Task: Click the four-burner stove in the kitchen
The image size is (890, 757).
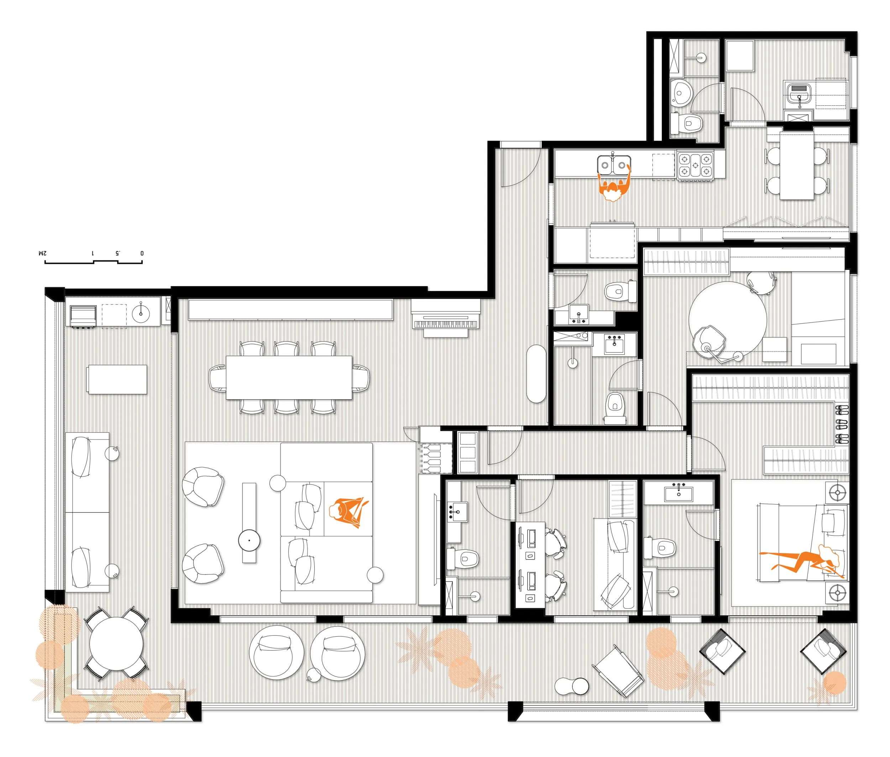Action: [x=696, y=165]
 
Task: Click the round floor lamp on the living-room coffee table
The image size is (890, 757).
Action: [x=249, y=541]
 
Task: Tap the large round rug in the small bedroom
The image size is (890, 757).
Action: [x=728, y=320]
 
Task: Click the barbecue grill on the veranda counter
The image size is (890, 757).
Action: [x=83, y=317]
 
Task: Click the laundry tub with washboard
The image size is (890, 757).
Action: [x=799, y=93]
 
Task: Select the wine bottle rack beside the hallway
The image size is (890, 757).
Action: [x=435, y=458]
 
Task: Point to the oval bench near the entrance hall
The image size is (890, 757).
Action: [x=536, y=374]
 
